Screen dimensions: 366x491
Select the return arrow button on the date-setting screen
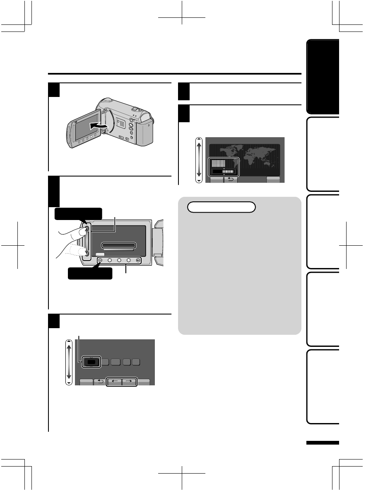coord(99,382)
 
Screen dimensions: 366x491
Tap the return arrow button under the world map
coord(231,179)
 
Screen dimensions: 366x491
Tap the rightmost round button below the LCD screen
coord(138,261)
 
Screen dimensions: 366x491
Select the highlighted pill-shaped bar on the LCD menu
coord(119,245)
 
